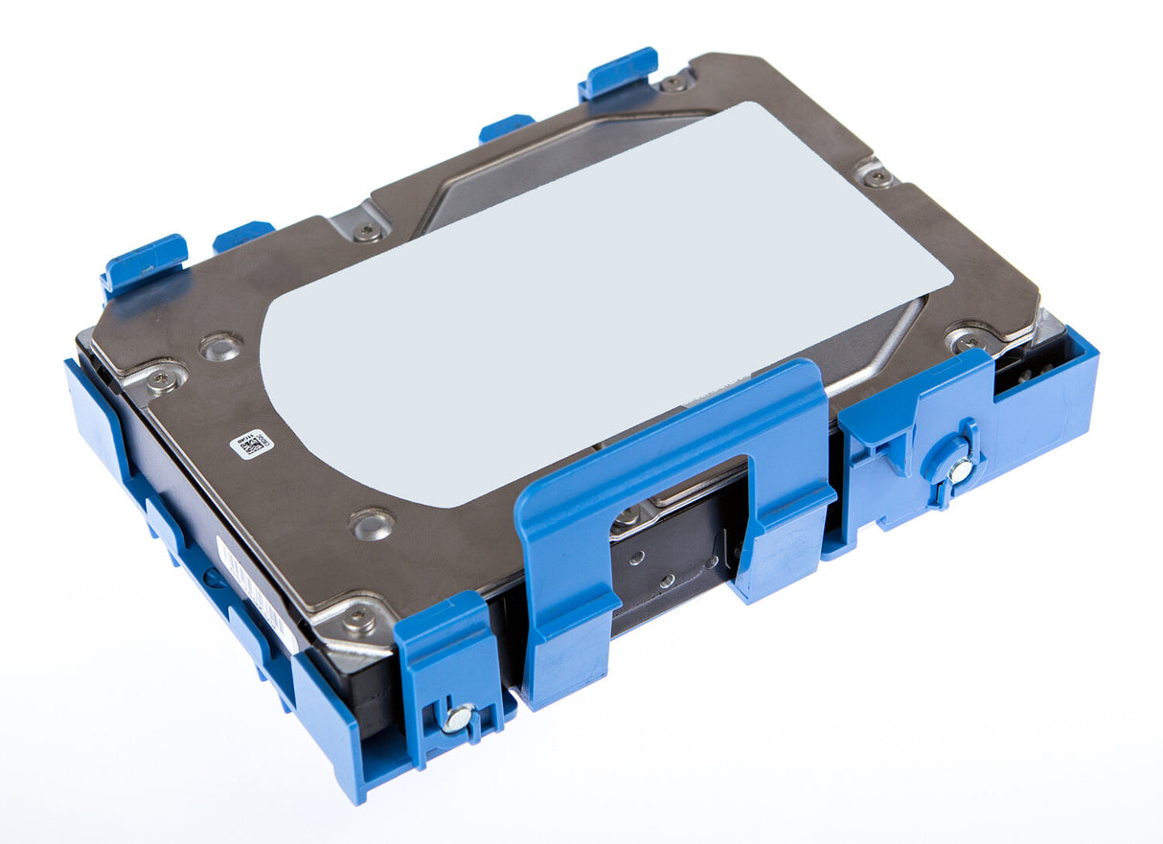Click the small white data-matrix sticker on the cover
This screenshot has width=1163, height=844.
point(251,444)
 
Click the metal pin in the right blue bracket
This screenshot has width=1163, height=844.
point(960,469)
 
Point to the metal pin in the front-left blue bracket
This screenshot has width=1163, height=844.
point(458,718)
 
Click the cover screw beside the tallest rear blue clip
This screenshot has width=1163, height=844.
point(675,83)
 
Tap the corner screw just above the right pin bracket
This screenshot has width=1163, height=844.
point(969,341)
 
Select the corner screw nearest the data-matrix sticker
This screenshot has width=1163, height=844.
point(160,380)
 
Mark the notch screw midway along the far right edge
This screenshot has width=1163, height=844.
point(877,176)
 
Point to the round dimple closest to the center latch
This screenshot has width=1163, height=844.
point(372,523)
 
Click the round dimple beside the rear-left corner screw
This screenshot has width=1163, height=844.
point(219,346)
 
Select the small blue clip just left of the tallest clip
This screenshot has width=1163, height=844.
point(507,125)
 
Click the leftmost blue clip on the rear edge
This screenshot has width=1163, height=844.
point(145,262)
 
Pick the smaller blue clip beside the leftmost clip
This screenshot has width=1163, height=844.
point(243,234)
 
